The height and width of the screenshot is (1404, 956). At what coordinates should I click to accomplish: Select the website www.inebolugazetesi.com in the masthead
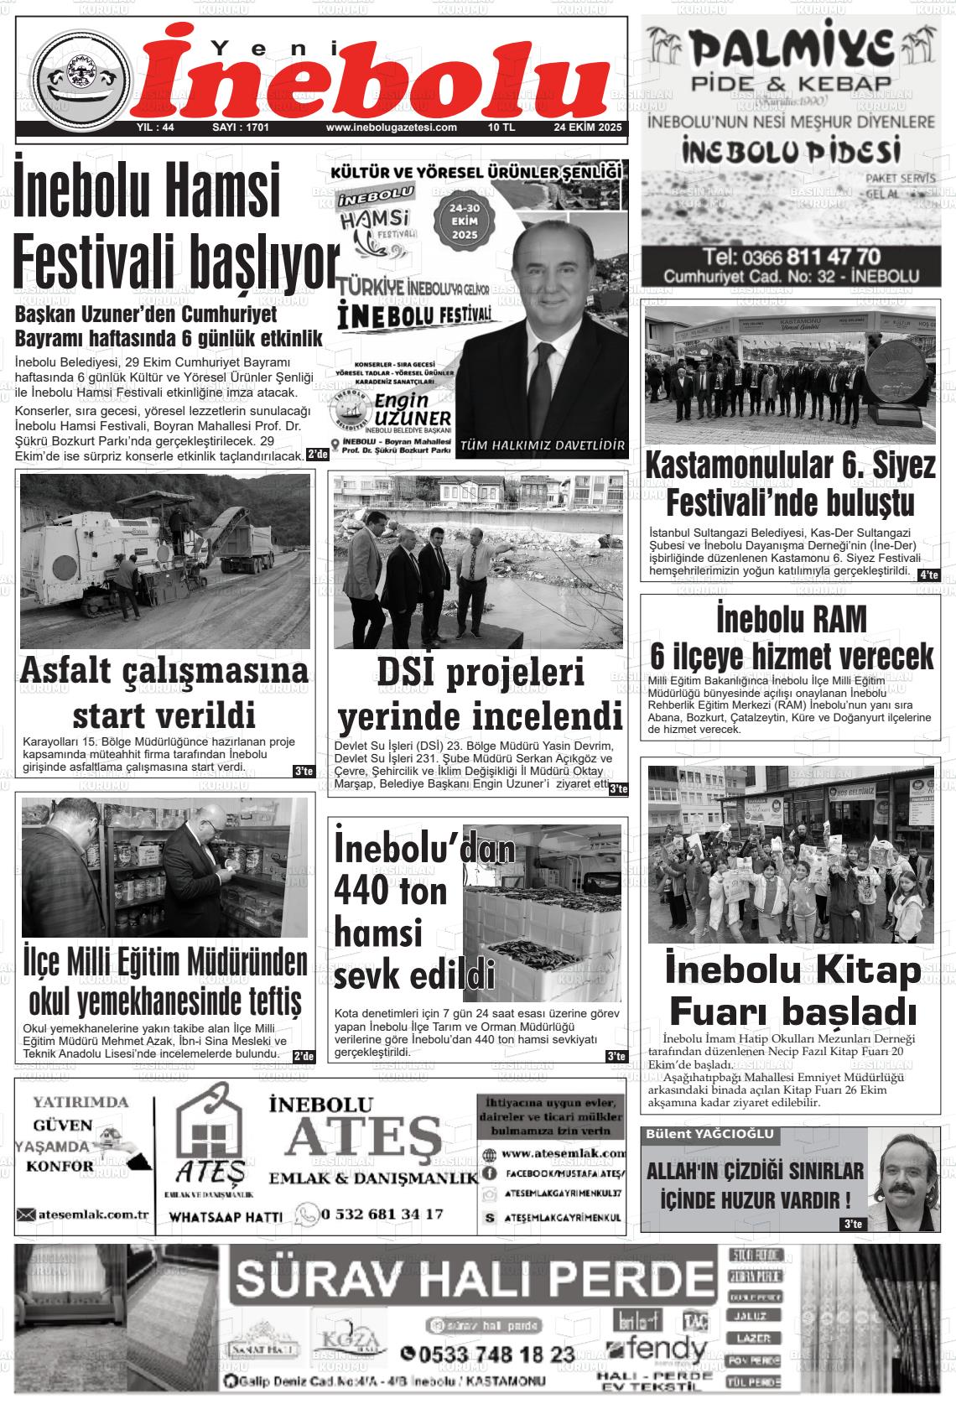pyautogui.click(x=391, y=128)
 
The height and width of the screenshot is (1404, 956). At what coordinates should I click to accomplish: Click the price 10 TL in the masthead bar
pyautogui.click(x=501, y=128)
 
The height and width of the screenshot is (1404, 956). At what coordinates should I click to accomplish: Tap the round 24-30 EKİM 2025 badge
pyautogui.click(x=464, y=222)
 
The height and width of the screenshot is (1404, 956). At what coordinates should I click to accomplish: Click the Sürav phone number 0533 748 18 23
pyautogui.click(x=488, y=1354)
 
